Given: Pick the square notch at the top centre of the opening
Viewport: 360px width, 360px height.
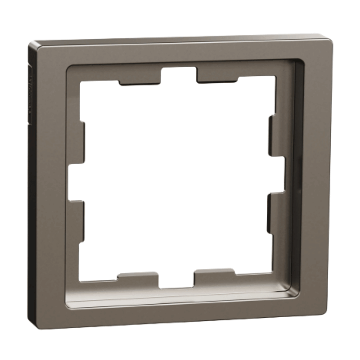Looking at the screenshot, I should [x=178, y=75].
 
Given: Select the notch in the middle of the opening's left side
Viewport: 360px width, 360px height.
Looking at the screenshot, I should [x=76, y=183].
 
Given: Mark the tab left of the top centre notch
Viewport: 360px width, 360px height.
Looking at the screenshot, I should [x=139, y=80].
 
